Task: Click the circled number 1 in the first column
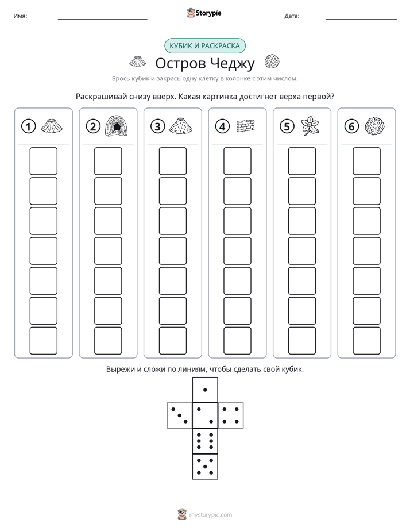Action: pos(28,126)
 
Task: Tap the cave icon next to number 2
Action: pos(117,126)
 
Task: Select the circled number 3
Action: pos(158,126)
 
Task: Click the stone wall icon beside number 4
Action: pos(246,126)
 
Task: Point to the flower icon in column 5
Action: pos(310,126)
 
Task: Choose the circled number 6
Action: pos(351,126)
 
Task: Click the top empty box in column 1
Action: pos(43,161)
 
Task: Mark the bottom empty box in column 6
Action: pos(367,341)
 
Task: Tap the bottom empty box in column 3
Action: pos(172,341)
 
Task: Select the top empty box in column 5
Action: pos(302,161)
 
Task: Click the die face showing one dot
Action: pos(205,390)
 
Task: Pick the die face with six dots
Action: pos(205,441)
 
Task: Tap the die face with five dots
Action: pos(205,466)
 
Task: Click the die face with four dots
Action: pos(231,415)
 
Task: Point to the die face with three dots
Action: pos(180,415)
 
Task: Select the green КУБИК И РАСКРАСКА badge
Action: pos(204,46)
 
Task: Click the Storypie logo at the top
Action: pos(204,13)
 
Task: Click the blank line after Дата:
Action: pos(361,19)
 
